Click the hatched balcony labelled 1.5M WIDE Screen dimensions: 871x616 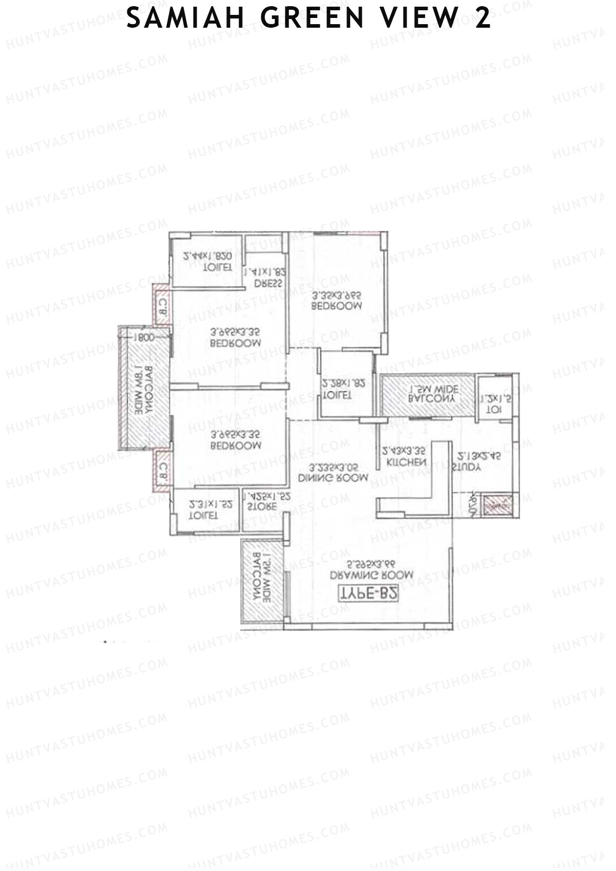pos(428,394)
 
